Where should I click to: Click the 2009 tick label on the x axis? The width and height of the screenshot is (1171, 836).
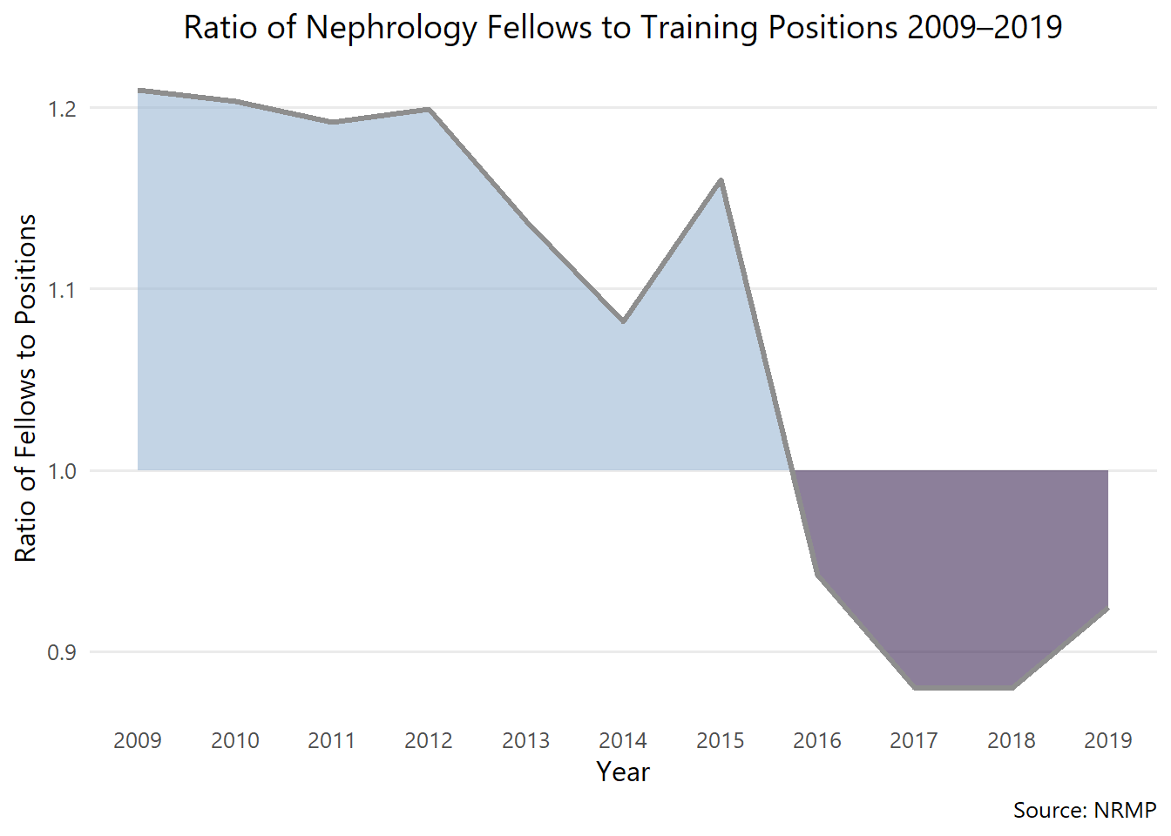coord(138,740)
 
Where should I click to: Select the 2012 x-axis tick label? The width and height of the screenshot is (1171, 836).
coord(429,740)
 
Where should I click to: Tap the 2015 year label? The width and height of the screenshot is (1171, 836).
coord(721,740)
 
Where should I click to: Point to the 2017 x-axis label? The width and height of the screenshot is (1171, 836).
coord(914,740)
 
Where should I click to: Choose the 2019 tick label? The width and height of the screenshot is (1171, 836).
coord(1108,740)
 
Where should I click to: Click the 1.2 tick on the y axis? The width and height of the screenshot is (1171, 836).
coord(62,109)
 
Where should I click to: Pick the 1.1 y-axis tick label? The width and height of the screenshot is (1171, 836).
coord(62,290)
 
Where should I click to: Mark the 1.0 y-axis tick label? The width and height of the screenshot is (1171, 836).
coord(62,471)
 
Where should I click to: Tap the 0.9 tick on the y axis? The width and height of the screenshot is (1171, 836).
coord(62,652)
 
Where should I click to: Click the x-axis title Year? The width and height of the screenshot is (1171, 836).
coord(623,772)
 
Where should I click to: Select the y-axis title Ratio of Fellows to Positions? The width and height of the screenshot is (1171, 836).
coord(26,388)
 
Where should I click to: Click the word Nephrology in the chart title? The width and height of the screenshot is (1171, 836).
coord(391,28)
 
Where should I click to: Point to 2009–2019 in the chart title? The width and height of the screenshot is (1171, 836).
coord(985,28)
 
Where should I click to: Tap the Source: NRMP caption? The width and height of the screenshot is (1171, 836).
coord(1084,810)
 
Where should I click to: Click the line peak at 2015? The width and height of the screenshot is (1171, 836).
coord(721,180)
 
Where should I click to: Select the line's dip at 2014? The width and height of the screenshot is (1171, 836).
coord(624,321)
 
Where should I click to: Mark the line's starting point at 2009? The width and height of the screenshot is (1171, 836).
coord(139,90)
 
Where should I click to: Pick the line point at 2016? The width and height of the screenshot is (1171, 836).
coord(817,575)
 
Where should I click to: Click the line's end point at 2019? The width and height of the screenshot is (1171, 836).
coord(1107,609)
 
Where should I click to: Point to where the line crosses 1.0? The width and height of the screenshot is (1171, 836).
coord(793,471)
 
